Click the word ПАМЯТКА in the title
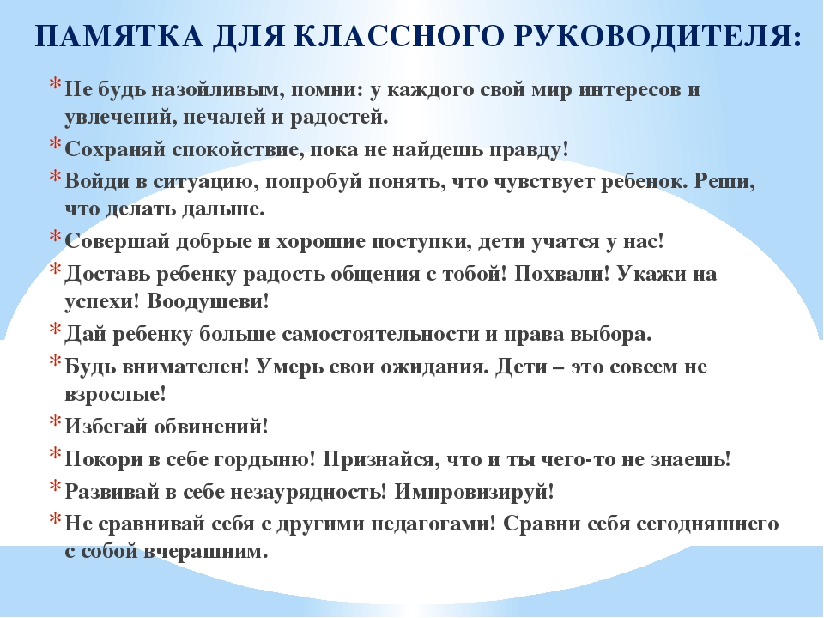(x=118, y=36)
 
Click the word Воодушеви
(x=208, y=301)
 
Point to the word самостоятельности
(x=380, y=335)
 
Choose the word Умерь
(x=289, y=367)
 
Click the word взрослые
(x=115, y=395)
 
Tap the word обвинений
(x=211, y=427)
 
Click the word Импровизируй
(x=474, y=492)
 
